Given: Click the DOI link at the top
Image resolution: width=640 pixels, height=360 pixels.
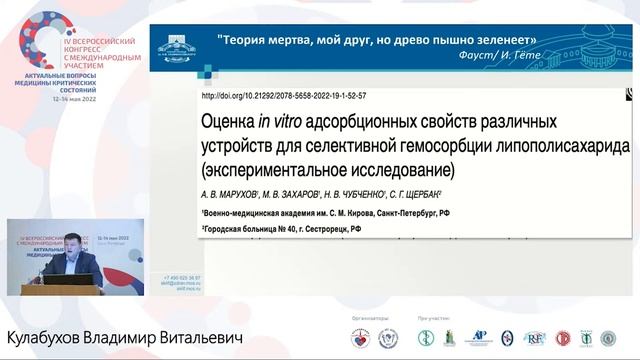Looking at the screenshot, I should [285, 97].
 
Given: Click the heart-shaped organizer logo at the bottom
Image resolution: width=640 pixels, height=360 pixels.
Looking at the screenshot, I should [359, 339].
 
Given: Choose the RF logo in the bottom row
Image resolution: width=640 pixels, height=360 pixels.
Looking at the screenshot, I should [535, 339].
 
